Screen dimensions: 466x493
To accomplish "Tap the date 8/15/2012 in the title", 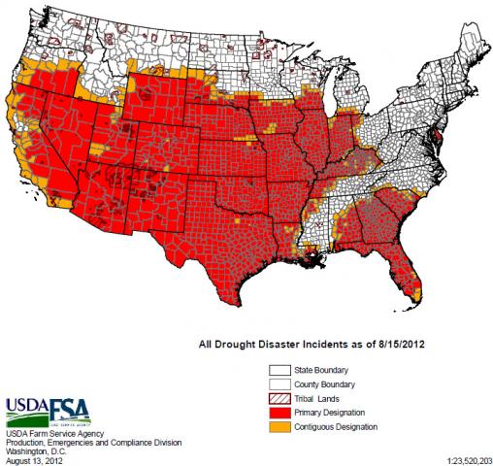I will (x=399, y=343).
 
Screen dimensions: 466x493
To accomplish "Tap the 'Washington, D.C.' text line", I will (x=35, y=449).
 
